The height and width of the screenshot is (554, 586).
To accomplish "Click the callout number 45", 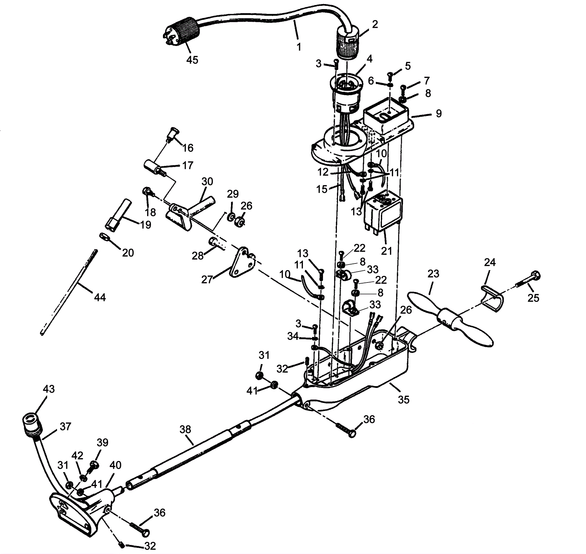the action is point(192,60).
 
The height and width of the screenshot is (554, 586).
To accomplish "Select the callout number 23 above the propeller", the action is point(433,274).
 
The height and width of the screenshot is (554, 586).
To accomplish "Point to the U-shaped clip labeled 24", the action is point(492,299).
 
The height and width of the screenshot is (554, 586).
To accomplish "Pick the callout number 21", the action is point(387,251).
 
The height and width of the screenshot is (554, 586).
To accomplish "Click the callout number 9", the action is point(438,113).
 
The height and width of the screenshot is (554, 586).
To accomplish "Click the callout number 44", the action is point(100,297).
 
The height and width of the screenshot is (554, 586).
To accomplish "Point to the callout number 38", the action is point(185,429).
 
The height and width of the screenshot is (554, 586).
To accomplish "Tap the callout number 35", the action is point(403,400).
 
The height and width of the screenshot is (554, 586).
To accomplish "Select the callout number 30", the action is point(207,181).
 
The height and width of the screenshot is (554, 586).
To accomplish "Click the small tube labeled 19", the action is point(116,213).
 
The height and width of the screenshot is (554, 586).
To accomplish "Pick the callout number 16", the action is point(188,148).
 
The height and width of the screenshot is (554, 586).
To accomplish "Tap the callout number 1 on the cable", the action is point(299,47).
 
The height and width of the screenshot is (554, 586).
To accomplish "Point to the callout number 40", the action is point(115,465).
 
